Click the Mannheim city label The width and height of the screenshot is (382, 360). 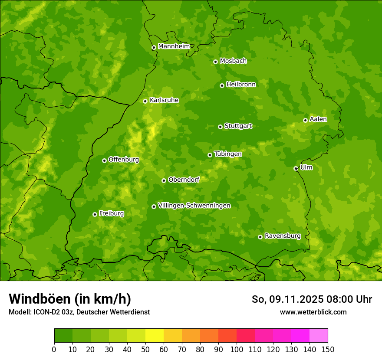click(x=174, y=46)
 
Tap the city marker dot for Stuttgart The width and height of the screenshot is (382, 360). click(x=220, y=127)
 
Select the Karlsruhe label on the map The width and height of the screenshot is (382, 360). click(x=164, y=100)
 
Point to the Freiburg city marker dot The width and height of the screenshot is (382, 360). click(x=95, y=214)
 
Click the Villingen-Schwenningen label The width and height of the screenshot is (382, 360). click(x=194, y=205)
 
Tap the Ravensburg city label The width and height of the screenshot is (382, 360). click(x=282, y=236)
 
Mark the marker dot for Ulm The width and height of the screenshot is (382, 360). click(x=296, y=168)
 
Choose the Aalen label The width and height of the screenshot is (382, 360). click(x=318, y=119)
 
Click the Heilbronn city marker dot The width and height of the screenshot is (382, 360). click(x=222, y=85)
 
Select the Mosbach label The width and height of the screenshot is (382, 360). click(x=233, y=61)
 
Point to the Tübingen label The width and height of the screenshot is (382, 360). click(x=228, y=154)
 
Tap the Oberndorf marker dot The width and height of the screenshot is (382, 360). click(x=164, y=180)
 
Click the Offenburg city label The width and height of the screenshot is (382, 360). click(x=124, y=159)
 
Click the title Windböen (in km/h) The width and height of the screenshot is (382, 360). click(x=69, y=299)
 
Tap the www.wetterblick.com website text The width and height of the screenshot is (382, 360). click(x=313, y=312)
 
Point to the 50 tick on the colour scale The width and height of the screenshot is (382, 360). click(x=145, y=350)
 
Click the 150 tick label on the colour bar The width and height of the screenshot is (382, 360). click(x=328, y=350)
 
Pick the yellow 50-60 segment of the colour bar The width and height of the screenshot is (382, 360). click(x=155, y=336)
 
